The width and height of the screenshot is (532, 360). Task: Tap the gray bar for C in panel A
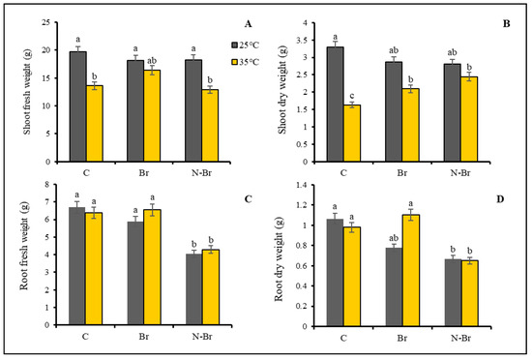click(78, 106)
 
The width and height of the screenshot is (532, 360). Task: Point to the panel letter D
click(507, 198)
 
